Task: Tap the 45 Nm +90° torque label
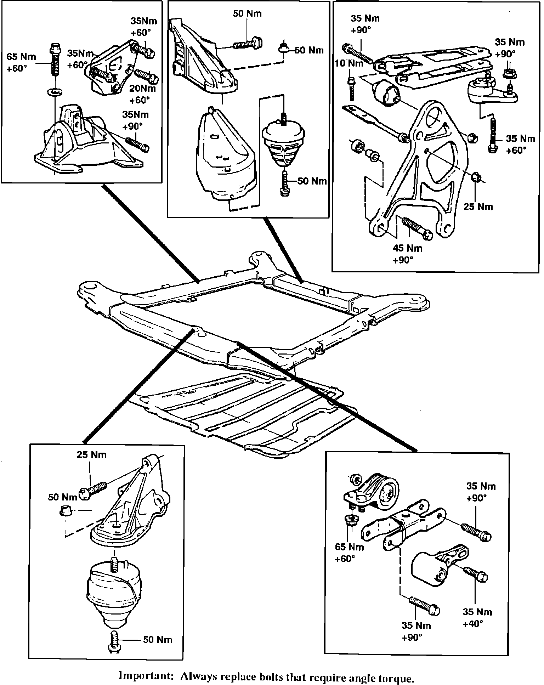click(x=407, y=254)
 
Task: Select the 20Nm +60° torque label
click(x=142, y=94)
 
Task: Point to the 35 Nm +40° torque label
click(x=477, y=617)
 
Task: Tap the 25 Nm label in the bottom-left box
click(x=92, y=454)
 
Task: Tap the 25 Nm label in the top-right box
click(x=478, y=206)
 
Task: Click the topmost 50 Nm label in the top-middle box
click(x=247, y=13)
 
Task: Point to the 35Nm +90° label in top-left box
click(x=135, y=120)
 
